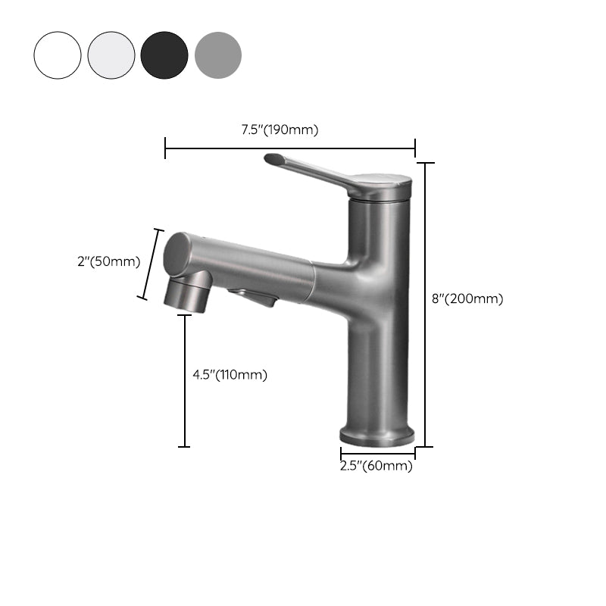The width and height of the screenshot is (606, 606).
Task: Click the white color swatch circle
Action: (57, 55)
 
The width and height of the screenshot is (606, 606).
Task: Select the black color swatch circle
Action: (164, 55)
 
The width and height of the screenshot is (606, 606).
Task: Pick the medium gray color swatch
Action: (218, 55)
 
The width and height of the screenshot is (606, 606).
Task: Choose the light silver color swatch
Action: (111, 55)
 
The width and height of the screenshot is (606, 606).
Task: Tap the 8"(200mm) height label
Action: (467, 298)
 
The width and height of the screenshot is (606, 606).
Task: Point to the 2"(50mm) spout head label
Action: (109, 262)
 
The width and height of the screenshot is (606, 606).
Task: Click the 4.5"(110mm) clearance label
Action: (230, 374)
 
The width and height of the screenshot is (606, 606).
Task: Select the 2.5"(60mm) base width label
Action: (376, 466)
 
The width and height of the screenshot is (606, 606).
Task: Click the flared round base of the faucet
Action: (377, 436)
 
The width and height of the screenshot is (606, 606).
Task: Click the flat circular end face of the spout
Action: (177, 252)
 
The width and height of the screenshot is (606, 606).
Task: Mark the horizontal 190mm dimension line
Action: (290, 148)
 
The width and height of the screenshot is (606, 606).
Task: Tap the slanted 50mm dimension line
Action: (151, 264)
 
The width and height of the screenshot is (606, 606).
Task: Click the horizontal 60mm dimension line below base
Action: (377, 454)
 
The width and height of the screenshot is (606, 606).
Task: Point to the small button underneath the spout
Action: (254, 298)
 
